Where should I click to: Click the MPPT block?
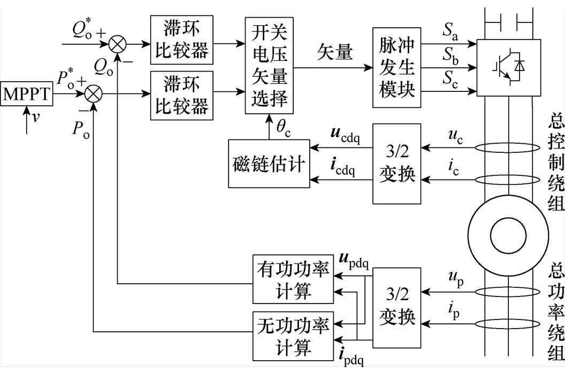26,95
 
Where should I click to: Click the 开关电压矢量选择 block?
269,65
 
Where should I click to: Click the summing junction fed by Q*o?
116,43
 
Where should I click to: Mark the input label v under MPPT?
35,118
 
